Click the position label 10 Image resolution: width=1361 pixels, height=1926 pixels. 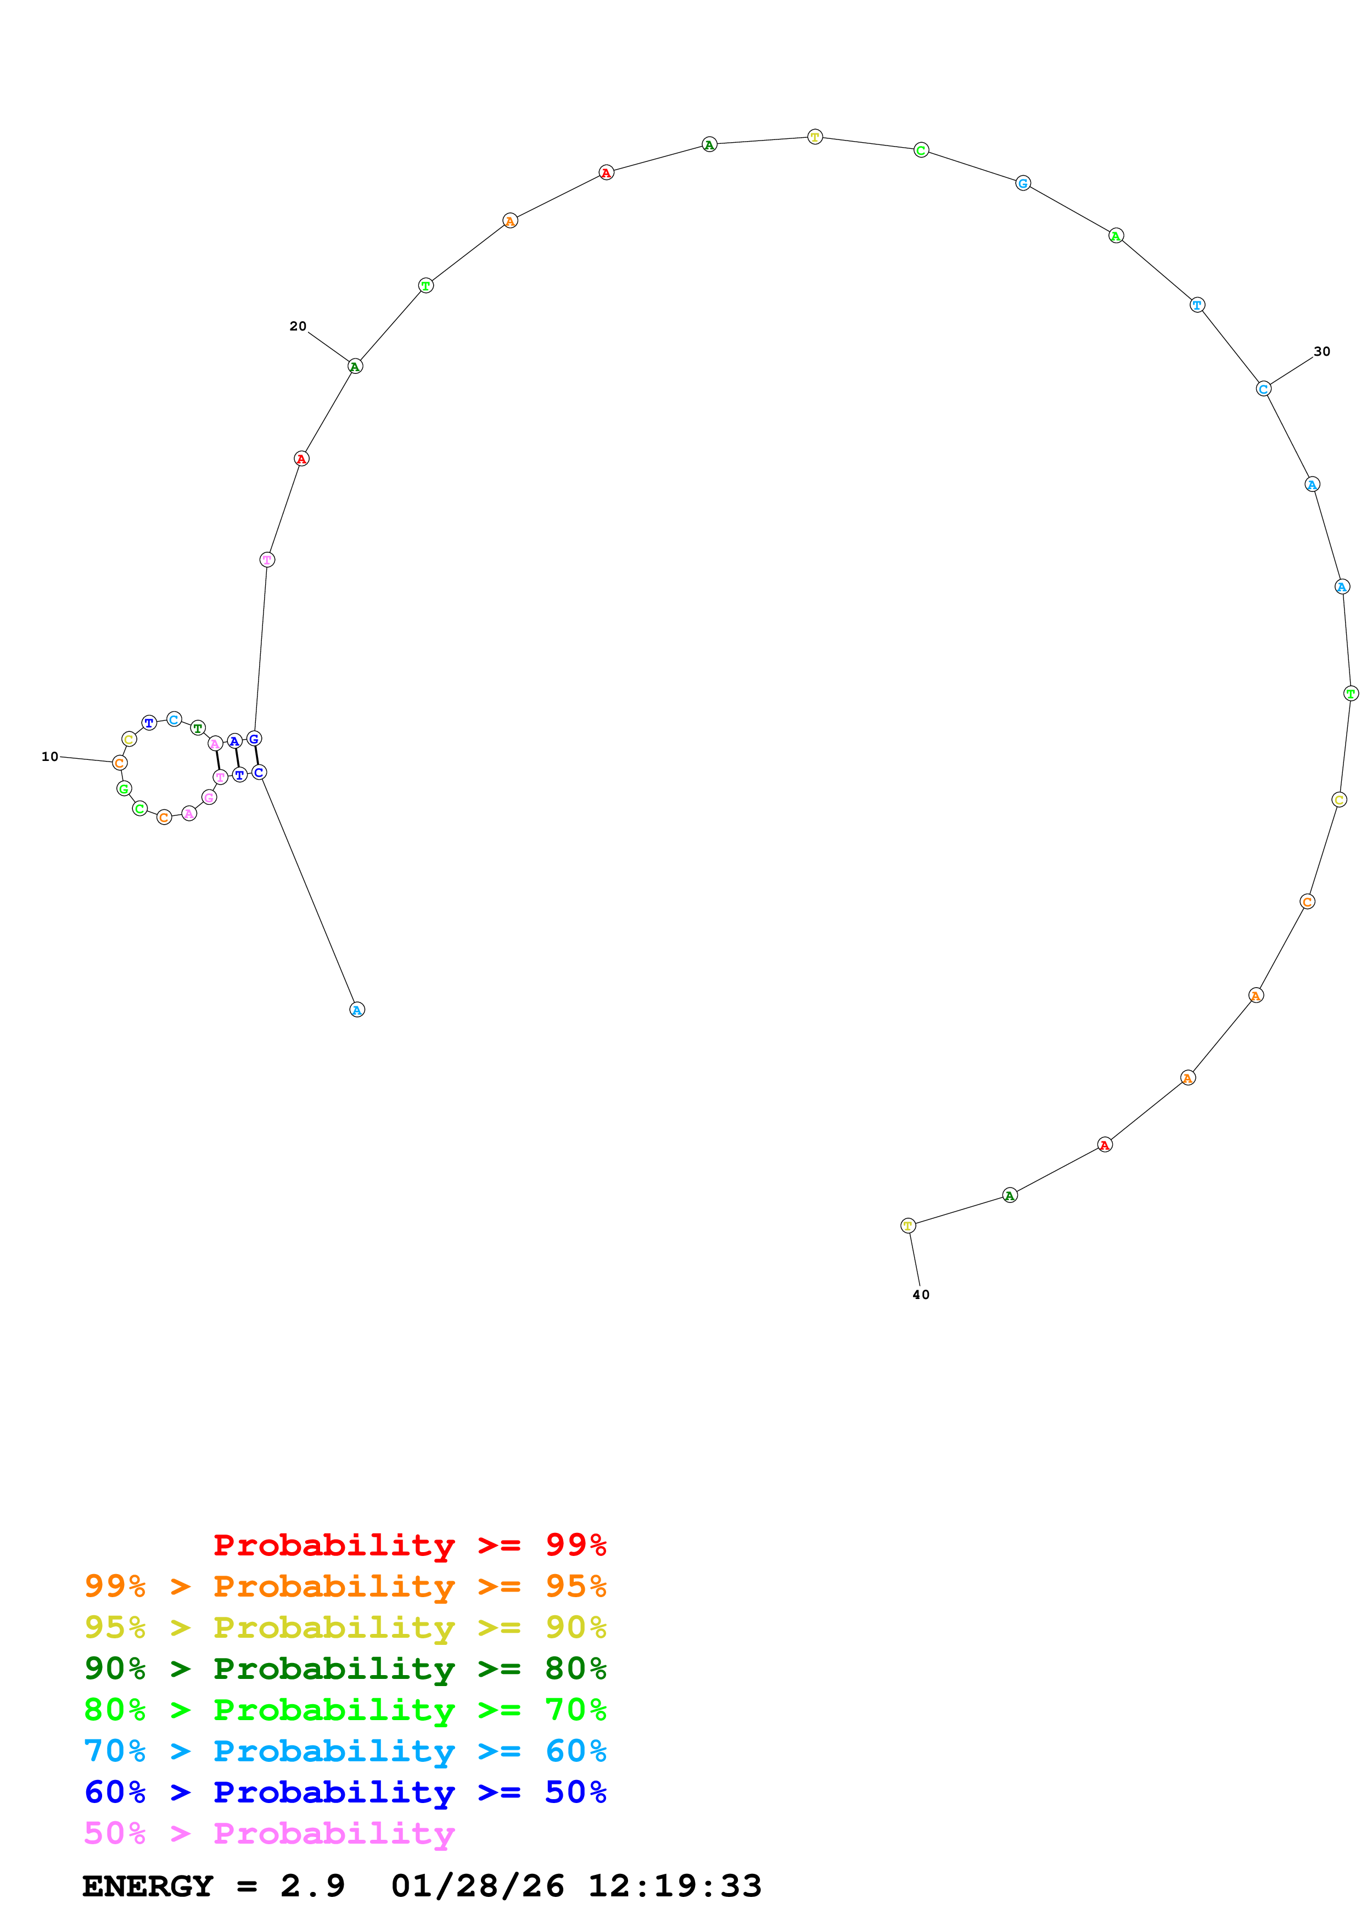point(49,757)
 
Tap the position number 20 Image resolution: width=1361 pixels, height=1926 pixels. point(298,326)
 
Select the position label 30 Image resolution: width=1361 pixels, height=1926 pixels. point(1321,351)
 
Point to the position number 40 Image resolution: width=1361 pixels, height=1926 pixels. point(921,1295)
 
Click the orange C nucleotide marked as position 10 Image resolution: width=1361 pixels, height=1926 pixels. point(120,763)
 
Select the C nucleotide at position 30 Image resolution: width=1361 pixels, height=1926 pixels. point(1264,389)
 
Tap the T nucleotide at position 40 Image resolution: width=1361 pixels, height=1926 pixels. point(908,1225)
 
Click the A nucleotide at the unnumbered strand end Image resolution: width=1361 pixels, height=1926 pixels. point(357,1010)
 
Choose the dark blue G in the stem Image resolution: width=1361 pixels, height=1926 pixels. point(254,739)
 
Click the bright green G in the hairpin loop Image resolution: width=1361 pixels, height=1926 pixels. point(124,788)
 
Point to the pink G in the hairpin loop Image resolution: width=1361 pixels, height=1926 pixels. point(209,798)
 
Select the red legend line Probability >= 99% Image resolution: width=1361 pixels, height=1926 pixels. point(409,1545)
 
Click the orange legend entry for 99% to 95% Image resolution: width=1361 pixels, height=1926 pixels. point(345,1586)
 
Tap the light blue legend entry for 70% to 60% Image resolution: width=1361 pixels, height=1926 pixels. point(345,1751)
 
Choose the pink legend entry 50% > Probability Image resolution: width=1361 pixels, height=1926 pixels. point(269,1833)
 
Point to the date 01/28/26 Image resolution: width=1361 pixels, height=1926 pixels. point(478,1886)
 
